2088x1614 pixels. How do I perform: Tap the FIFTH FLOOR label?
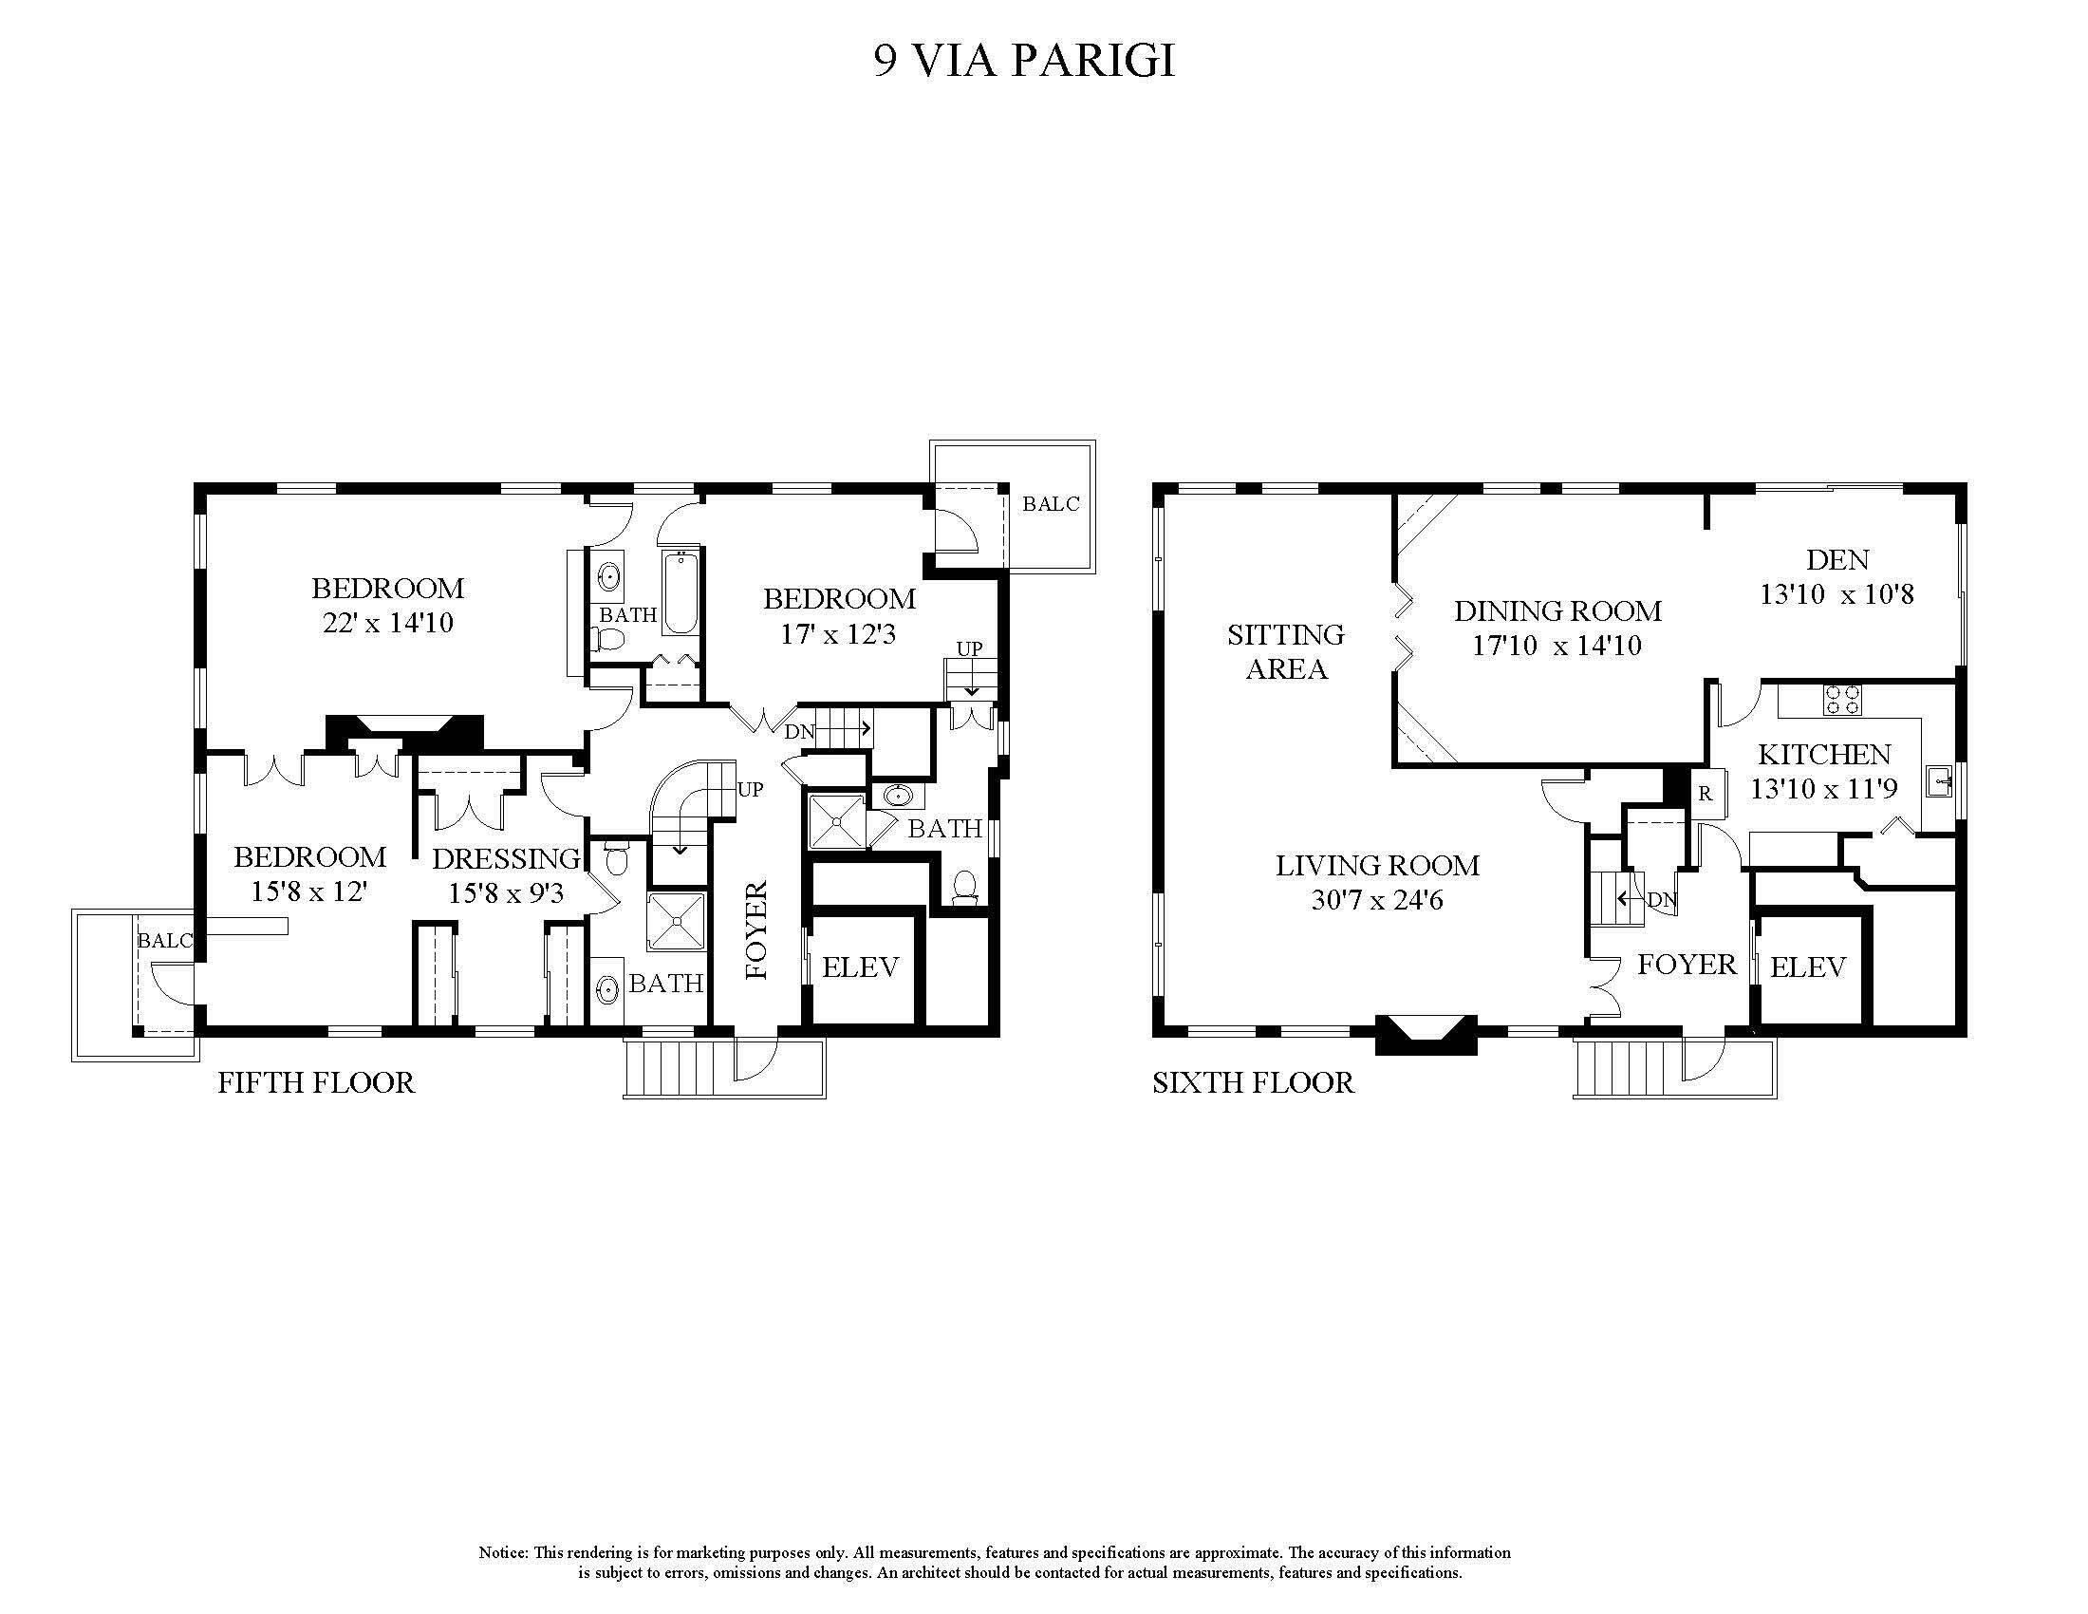click(x=315, y=1082)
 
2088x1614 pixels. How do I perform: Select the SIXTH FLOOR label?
click(x=1253, y=1082)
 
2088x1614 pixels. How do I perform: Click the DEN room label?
click(x=1836, y=559)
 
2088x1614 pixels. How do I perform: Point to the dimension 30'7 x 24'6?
click(x=1377, y=900)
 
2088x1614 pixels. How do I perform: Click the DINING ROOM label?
click(x=1557, y=610)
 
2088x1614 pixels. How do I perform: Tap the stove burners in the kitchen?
click(x=1841, y=700)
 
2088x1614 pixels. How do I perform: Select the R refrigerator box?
click(x=1705, y=794)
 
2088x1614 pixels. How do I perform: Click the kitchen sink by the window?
click(x=1939, y=783)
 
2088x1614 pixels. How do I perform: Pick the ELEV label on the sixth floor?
click(x=1808, y=967)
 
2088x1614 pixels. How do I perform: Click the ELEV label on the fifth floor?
click(x=861, y=967)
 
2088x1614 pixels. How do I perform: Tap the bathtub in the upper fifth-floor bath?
click(x=680, y=591)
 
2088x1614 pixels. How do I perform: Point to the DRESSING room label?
click(x=506, y=858)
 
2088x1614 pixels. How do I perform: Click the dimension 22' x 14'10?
click(x=387, y=624)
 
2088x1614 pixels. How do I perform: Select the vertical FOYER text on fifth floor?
click(x=756, y=930)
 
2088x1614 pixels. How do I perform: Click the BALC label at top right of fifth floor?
click(x=1051, y=504)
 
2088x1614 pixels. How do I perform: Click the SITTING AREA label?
click(x=1286, y=651)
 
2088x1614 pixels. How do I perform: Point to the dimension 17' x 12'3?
click(x=837, y=634)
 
